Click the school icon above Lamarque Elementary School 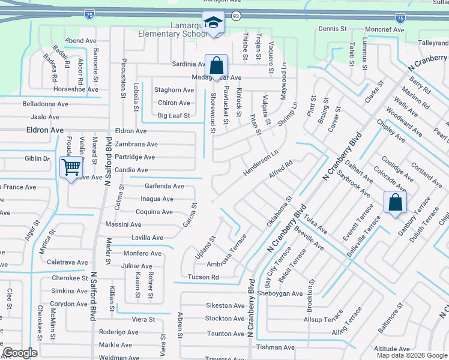click(x=212, y=22)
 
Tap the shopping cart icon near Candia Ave click(x=71, y=167)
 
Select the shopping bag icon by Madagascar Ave click(x=216, y=65)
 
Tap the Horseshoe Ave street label click(x=76, y=89)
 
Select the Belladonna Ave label click(x=46, y=104)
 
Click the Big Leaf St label click(x=174, y=115)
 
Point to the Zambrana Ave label click(x=136, y=145)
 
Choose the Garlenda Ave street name click(x=164, y=186)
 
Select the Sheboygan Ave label click(x=281, y=293)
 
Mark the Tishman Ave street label click(x=276, y=347)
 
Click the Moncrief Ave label click(x=387, y=29)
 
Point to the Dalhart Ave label click(x=359, y=167)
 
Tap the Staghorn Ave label click(x=174, y=90)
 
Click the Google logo click(x=20, y=353)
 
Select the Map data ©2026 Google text click(x=411, y=355)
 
